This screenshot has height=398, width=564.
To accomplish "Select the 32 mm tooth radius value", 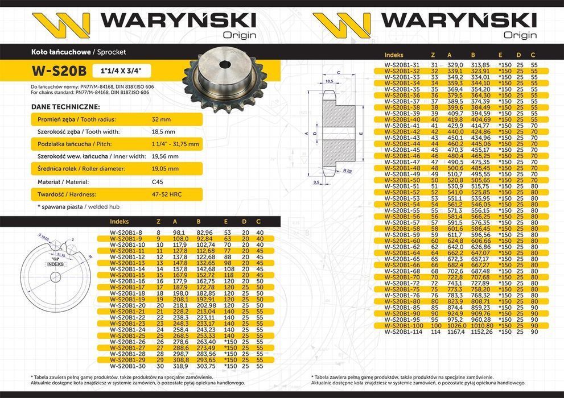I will coord(161,120).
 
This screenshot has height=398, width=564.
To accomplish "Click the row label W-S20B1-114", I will coord(404,331).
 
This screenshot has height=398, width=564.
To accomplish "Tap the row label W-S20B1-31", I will coord(402,65).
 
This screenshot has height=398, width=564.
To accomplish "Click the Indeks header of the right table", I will coord(394,55).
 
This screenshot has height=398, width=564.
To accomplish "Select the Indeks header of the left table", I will coord(120,221).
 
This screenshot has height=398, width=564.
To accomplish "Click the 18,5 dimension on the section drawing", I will coord(329,82).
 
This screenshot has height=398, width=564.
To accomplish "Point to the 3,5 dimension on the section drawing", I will coord(316,181).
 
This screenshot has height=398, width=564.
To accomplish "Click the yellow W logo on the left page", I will coord(61,24).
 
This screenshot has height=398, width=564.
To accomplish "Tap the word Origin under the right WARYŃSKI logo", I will coord(520,35).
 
